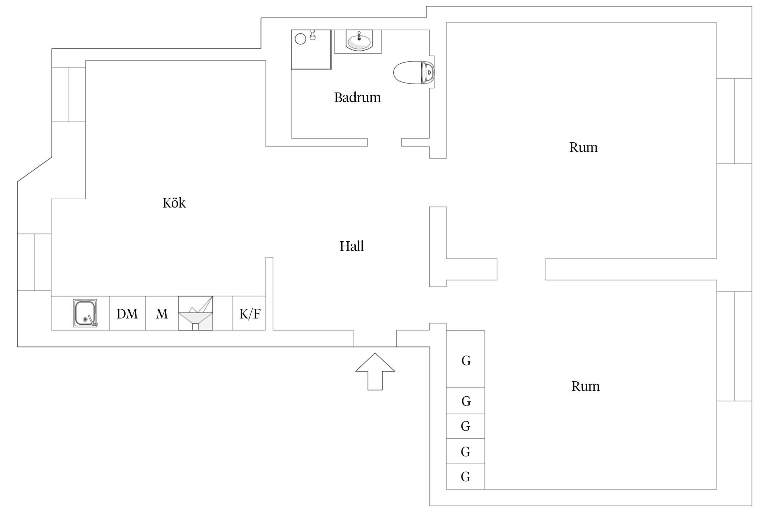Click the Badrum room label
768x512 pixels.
click(357, 98)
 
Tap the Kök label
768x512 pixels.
click(174, 203)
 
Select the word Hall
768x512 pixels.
click(352, 246)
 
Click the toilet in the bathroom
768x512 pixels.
click(413, 72)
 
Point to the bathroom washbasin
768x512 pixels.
click(359, 41)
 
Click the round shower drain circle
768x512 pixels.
click(300, 39)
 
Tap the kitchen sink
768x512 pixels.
click(85, 313)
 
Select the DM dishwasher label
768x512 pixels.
click(127, 314)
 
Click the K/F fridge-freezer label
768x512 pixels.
click(250, 314)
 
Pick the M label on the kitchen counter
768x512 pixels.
click(162, 314)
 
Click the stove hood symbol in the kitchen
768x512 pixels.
click(196, 313)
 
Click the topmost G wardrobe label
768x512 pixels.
click(466, 361)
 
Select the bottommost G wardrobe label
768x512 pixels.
click(466, 477)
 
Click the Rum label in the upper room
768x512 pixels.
click(583, 147)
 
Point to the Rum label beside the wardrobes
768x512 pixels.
click(585, 386)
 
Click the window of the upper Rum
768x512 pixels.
click(734, 121)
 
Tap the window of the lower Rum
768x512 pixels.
click(734, 346)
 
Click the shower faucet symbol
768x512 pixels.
click(312, 35)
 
